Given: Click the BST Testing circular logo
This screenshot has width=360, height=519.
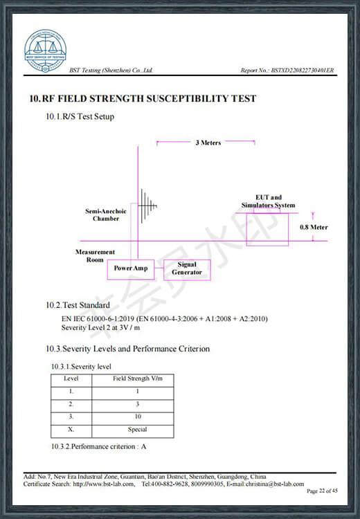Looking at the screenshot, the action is (46, 51).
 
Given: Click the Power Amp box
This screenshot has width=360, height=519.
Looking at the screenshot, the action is (131, 269).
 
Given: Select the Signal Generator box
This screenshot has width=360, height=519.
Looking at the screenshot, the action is (187, 270).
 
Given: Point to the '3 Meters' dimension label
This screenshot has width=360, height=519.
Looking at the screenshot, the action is (208, 143).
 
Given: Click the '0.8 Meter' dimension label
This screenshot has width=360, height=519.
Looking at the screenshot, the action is (314, 227).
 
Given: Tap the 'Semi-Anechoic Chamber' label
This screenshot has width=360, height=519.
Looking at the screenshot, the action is (106, 215).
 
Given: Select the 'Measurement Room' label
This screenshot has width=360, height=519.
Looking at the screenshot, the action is (95, 256).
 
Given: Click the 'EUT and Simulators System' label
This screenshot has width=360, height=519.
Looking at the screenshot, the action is (268, 201).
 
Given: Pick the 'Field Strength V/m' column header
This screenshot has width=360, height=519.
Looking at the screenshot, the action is (138, 379).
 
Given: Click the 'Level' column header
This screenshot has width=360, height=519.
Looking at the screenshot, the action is (71, 379).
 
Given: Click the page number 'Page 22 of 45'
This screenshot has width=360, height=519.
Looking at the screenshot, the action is (322, 491).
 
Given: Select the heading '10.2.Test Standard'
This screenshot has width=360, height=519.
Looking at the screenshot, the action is (78, 305).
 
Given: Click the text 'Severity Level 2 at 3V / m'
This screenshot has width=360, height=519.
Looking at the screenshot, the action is (100, 328).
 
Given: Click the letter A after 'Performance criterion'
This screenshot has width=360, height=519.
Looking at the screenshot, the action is (143, 446).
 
